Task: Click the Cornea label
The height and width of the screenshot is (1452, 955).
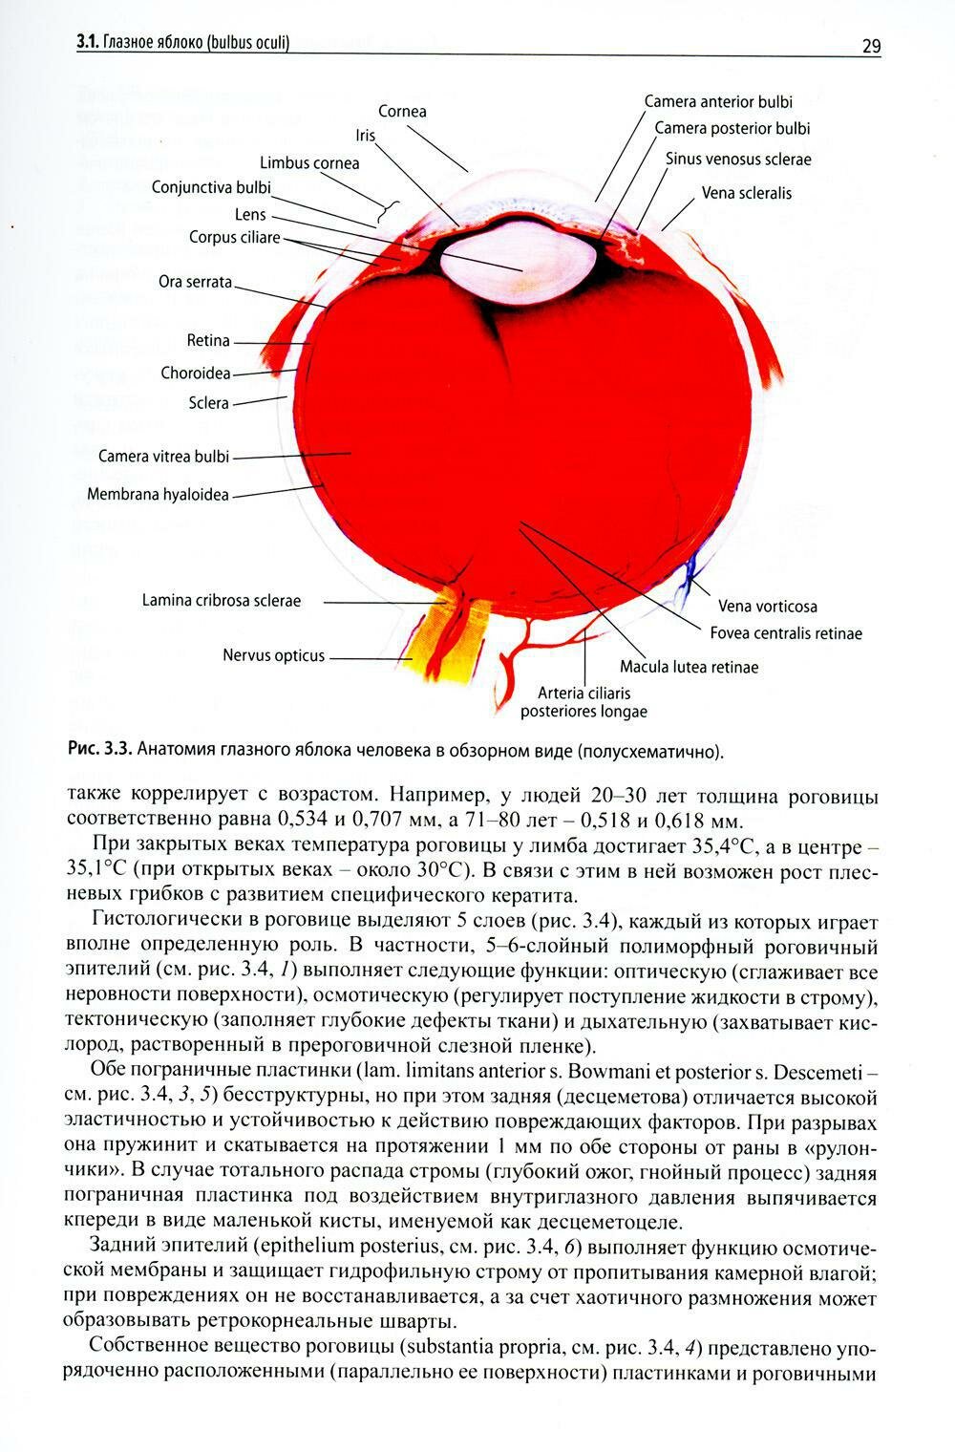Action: (402, 112)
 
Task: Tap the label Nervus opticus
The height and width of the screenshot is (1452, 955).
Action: (273, 656)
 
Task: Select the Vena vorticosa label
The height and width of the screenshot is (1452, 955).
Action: (767, 607)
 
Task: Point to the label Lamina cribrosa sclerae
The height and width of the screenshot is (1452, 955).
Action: (221, 601)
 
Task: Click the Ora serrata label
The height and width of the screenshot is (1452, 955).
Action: (195, 283)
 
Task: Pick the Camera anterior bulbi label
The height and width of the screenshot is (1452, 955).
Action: (717, 102)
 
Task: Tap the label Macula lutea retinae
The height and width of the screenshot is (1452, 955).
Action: (689, 667)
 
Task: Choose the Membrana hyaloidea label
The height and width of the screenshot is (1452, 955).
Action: (158, 495)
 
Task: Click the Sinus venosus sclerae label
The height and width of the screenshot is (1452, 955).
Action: (738, 160)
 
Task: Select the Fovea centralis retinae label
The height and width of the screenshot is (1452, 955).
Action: (785, 633)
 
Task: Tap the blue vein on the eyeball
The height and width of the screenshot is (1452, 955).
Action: (687, 573)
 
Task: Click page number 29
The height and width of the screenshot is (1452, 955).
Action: (870, 46)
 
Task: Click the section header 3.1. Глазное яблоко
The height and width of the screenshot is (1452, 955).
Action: (182, 43)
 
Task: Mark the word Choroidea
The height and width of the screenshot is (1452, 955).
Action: (196, 374)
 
